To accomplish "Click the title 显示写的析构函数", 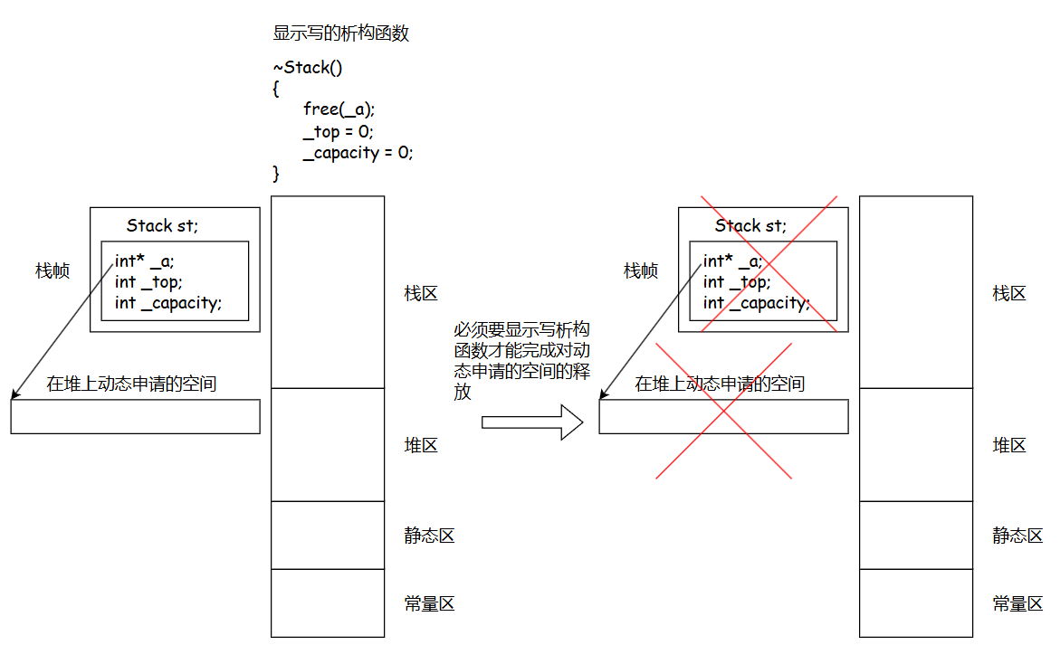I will tap(341, 33).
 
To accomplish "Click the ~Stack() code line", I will tap(308, 68).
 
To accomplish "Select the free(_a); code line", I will tap(339, 109).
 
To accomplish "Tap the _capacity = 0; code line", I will tap(358, 152).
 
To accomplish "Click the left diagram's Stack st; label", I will tap(162, 225).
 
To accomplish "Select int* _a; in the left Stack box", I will tap(145, 261).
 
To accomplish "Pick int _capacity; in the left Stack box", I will tap(168, 303).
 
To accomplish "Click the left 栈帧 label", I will tap(53, 270).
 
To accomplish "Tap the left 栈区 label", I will tap(421, 293).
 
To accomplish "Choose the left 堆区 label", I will tap(421, 445).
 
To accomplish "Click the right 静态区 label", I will tap(1017, 536).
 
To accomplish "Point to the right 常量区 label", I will tap(1017, 604).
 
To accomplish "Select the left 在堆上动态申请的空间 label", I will tap(131, 384).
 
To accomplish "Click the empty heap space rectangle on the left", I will tap(135, 416).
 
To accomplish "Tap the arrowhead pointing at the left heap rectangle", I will tap(14, 394).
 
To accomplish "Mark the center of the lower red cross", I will tap(723, 410).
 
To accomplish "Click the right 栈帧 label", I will tap(641, 270).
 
